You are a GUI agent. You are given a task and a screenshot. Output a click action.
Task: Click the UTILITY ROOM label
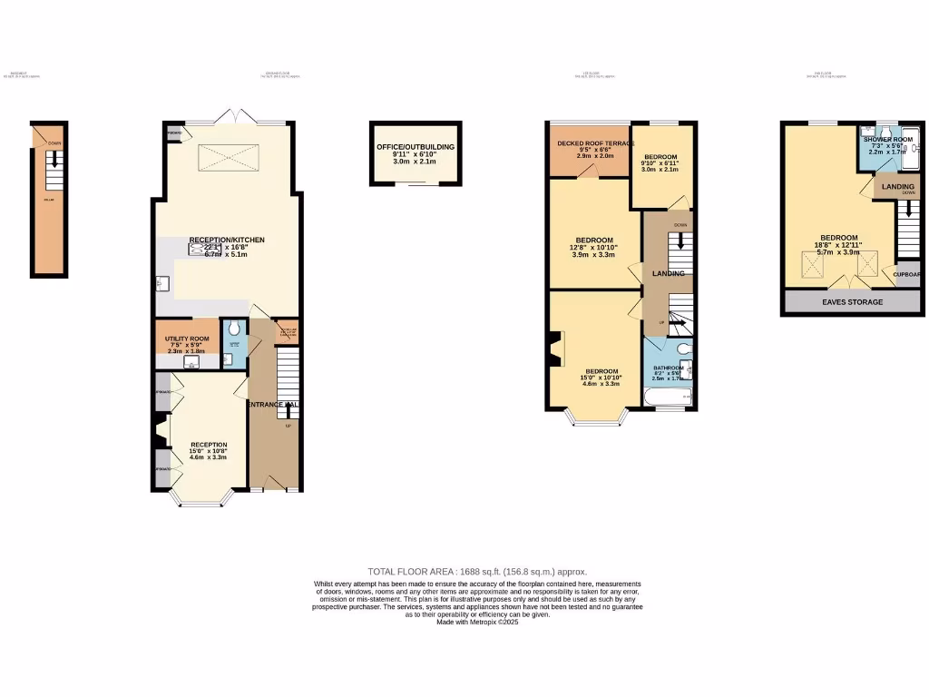tap(187, 339)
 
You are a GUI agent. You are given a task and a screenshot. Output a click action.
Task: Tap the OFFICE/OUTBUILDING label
tap(416, 146)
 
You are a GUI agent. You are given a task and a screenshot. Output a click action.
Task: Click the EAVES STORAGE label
tap(852, 302)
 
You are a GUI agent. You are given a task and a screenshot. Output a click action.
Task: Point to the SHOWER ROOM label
tap(888, 139)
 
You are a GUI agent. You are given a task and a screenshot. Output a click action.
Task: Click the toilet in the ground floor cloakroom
tap(234, 329)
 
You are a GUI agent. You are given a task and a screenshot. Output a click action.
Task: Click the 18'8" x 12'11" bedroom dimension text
tap(837, 246)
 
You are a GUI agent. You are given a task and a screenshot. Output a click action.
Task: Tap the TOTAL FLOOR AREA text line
tap(477, 572)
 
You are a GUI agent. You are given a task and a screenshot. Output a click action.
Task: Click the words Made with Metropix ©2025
tap(477, 623)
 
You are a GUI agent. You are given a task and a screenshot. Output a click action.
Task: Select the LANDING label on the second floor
tap(898, 186)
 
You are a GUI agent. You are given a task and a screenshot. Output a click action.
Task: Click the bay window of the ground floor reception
tap(200, 500)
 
